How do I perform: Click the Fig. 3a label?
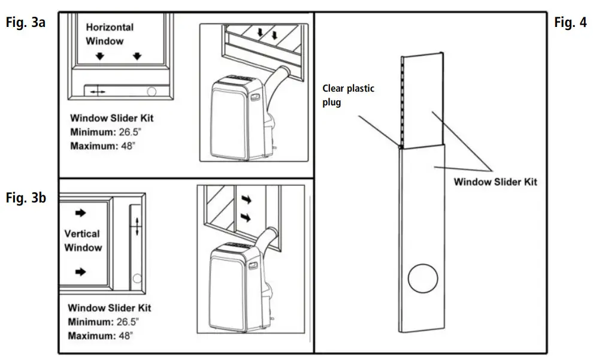coord(25,24)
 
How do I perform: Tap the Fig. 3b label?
coord(25,199)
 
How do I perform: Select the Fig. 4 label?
coord(570,23)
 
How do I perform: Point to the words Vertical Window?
coord(83,240)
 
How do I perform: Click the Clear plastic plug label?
coord(348,95)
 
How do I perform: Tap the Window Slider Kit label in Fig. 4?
coord(495,182)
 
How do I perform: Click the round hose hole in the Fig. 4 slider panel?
coord(422,279)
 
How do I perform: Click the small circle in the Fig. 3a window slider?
coord(151,90)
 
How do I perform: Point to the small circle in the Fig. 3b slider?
coord(137,278)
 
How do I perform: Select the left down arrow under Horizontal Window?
coord(100,56)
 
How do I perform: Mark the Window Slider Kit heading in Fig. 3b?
coord(109,308)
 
